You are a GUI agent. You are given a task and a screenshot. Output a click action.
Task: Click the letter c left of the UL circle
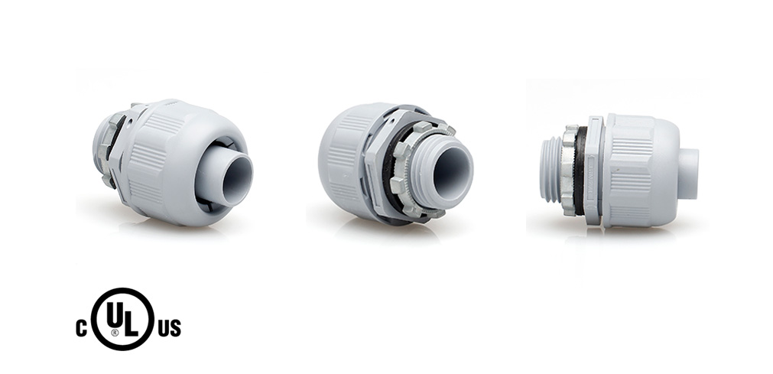[x=81, y=329]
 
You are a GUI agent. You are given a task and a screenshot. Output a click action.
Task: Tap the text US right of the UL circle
[x=169, y=329]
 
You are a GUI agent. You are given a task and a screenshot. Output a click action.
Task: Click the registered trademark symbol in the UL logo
[x=115, y=332]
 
